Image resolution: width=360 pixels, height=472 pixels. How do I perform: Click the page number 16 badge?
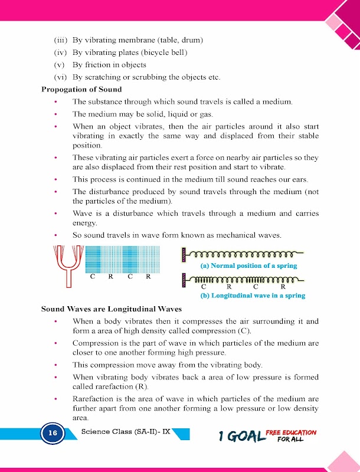pyautogui.click(x=53, y=433)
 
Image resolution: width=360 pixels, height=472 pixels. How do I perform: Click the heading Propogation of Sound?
pyautogui.click(x=81, y=90)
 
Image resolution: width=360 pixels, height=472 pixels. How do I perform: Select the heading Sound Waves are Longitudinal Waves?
pyautogui.click(x=111, y=309)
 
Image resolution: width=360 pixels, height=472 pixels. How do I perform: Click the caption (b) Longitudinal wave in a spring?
pyautogui.click(x=253, y=296)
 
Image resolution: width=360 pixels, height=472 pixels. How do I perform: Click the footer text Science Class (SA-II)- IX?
pyautogui.click(x=125, y=431)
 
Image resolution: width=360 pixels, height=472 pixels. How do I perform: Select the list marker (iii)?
pyautogui.click(x=61, y=41)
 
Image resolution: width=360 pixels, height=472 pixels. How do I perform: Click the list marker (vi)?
pyautogui.click(x=61, y=77)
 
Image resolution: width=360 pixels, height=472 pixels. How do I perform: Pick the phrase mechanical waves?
pyautogui.click(x=248, y=235)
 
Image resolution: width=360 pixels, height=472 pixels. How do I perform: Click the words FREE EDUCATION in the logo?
pyautogui.click(x=290, y=432)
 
